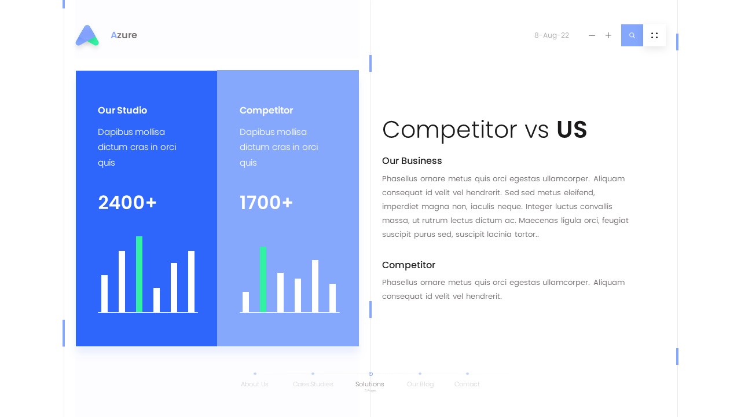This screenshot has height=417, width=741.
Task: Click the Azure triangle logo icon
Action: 87,35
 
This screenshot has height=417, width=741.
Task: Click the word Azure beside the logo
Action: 124,35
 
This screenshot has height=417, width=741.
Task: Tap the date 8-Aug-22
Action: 551,35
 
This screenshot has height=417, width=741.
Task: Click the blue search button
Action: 632,35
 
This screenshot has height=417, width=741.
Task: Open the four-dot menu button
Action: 654,35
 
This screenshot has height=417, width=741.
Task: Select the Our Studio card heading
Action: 122,110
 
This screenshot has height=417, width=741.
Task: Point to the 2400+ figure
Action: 127,203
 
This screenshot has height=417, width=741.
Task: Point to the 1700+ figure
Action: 266,203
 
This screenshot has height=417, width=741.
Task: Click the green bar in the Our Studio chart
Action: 139,275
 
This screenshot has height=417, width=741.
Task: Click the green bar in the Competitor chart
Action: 263,280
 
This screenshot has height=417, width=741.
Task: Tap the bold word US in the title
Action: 571,130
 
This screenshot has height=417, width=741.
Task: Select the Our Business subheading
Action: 412,161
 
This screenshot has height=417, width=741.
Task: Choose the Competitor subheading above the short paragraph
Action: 408,265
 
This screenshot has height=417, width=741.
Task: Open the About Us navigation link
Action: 255,384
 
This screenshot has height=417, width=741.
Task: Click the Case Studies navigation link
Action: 313,384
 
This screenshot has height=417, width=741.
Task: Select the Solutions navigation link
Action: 370,384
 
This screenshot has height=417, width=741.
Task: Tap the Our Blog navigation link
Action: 420,384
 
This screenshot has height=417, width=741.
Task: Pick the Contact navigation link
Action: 467,384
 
